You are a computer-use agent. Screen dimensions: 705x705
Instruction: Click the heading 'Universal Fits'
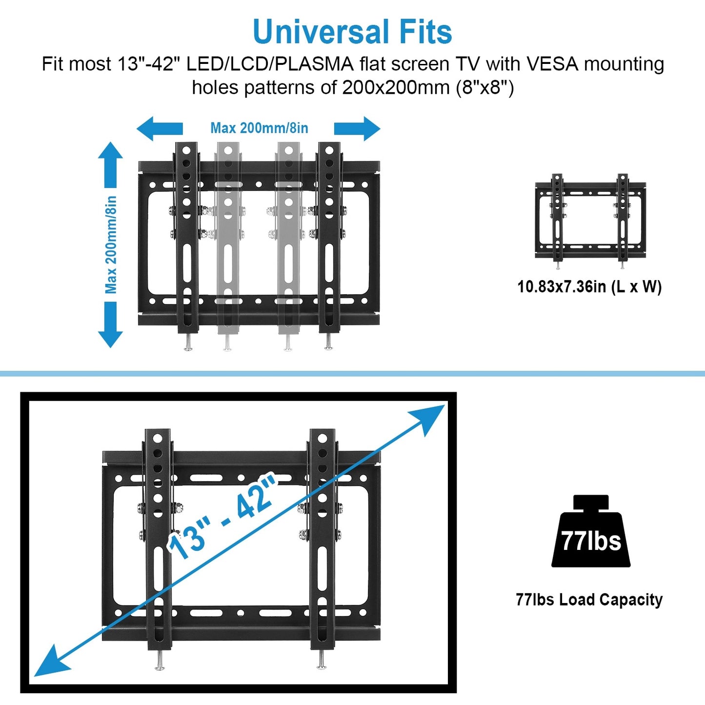(352, 32)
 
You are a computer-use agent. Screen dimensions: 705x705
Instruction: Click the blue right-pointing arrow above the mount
(358, 129)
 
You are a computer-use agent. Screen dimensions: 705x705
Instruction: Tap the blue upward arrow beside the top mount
(110, 163)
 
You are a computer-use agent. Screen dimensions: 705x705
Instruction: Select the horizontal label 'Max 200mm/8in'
(259, 128)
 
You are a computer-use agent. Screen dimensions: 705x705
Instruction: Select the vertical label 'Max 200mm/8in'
(111, 244)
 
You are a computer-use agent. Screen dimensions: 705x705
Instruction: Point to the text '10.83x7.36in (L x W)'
(589, 286)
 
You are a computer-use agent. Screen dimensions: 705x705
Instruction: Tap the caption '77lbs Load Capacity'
(589, 600)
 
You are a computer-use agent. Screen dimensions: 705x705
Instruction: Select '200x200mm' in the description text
(396, 88)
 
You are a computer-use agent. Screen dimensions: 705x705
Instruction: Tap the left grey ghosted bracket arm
(228, 239)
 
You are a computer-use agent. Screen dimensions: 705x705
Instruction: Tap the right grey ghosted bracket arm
(289, 239)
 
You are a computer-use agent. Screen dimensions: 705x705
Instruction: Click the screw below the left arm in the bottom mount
(160, 661)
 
